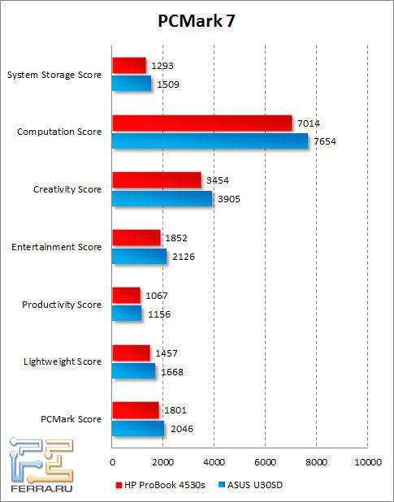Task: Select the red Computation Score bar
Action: pyautogui.click(x=201, y=123)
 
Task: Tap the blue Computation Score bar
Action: pyautogui.click(x=210, y=141)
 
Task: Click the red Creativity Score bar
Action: pyautogui.click(x=156, y=180)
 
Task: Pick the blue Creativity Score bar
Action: pyautogui.click(x=162, y=198)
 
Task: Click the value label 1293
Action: pyautogui.click(x=162, y=65)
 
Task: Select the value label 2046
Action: pyautogui.click(x=181, y=427)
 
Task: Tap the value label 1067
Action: pyautogui.click(x=157, y=295)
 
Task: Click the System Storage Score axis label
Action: pyautogui.click(x=54, y=75)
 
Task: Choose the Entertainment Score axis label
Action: pyautogui.click(x=58, y=247)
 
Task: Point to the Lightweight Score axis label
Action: pyautogui.click(x=63, y=361)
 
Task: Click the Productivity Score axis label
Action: pyautogui.click(x=62, y=305)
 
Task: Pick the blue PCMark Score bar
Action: pyautogui.click(x=138, y=428)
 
